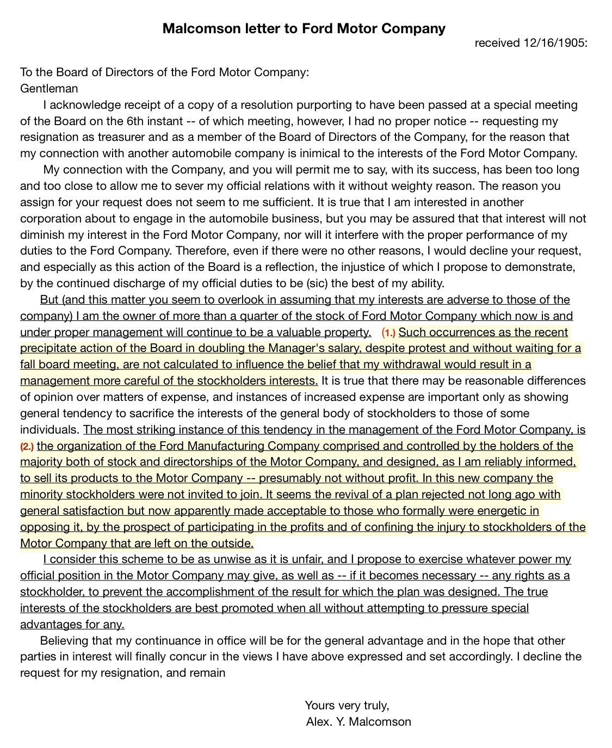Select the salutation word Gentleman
click(49, 88)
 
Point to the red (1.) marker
click(388, 333)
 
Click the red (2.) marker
click(27, 447)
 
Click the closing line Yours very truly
click(347, 705)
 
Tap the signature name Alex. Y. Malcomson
click(358, 721)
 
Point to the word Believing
click(66, 640)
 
